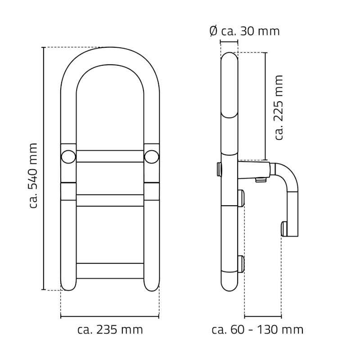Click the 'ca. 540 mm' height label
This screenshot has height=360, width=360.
point(33,175)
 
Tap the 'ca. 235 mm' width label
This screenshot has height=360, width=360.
point(110,330)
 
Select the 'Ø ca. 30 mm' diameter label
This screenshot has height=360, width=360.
point(244,31)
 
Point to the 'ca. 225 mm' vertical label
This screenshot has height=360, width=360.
point(279,107)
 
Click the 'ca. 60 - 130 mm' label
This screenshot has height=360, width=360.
point(257,330)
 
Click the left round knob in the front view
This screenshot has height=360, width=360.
point(68,157)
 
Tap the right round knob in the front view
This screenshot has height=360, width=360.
point(152,157)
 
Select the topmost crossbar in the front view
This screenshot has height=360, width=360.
point(110,156)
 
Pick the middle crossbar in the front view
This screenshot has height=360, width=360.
point(110,200)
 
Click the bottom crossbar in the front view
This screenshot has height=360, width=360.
point(110,271)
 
